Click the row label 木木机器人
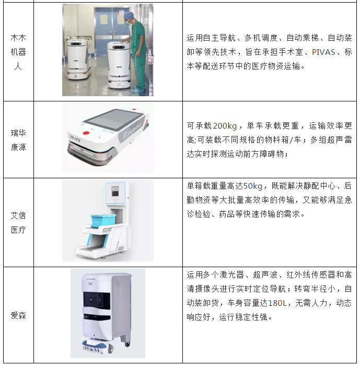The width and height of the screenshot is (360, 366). pos(18,52)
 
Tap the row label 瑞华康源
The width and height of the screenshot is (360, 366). pos(18,140)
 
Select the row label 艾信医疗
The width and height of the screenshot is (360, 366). pos(18,223)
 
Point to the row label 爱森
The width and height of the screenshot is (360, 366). pos(18,315)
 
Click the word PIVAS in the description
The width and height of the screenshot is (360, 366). pos(323,52)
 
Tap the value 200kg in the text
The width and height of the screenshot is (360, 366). pos(225,126)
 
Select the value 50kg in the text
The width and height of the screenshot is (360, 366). pos(253,186)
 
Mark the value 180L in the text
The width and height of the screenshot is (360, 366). pos(277,303)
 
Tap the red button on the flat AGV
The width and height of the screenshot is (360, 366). pos(86,133)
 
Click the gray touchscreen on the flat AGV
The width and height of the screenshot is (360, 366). pos(113,119)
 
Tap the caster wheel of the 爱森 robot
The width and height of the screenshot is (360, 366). pos(127,344)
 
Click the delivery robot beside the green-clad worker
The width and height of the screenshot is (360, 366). pos(119,65)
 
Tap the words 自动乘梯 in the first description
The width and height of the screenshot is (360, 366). pos(303,38)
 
